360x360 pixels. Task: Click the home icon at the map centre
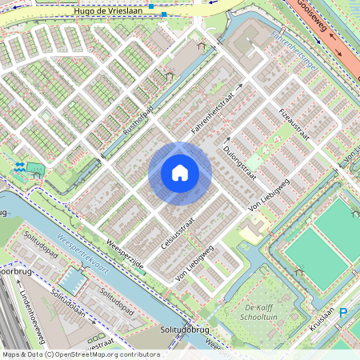click(x=180, y=173)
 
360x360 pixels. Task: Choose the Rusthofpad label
click(x=138, y=117)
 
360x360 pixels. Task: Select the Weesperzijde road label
click(x=125, y=254)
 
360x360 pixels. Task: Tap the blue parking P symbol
click(x=344, y=313)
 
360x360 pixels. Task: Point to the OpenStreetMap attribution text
click(x=80, y=354)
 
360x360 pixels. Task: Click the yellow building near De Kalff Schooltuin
click(x=250, y=232)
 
